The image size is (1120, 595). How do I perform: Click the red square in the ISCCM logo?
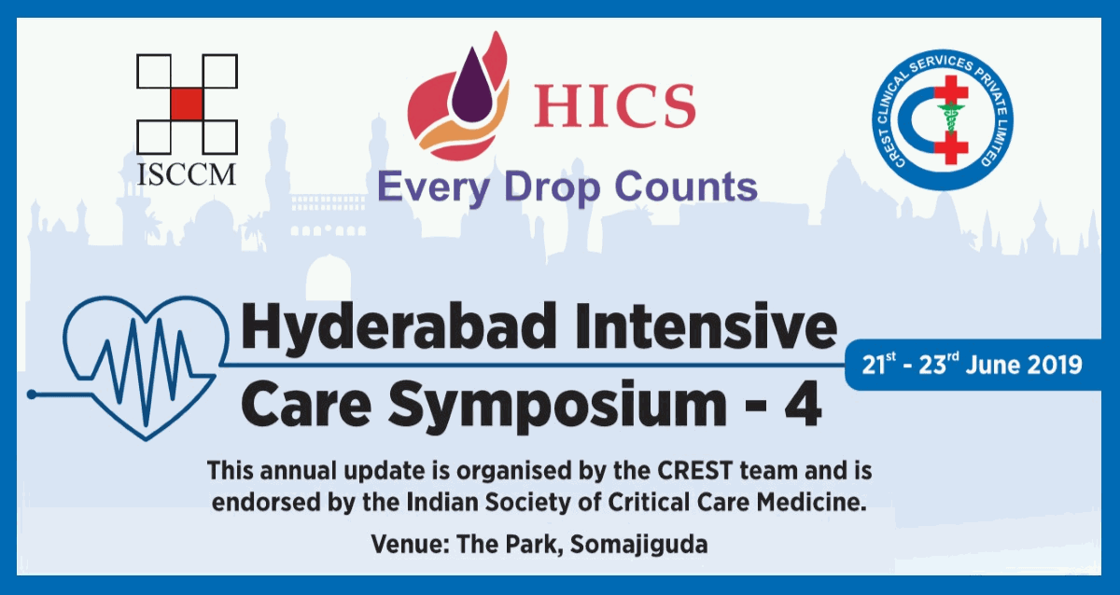187,104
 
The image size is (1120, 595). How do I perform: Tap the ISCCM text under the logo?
187,174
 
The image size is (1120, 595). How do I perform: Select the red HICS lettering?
614,106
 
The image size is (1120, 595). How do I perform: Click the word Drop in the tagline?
552,187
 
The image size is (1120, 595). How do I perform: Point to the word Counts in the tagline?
685,187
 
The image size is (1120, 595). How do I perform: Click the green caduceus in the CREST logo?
950,118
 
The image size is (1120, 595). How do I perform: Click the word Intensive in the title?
706,326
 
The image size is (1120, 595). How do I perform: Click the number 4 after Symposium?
803,403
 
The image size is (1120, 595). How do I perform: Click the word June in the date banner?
992,365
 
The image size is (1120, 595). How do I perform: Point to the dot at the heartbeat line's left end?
32,394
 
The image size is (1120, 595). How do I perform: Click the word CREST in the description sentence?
694,471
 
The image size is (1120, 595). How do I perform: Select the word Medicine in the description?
811,502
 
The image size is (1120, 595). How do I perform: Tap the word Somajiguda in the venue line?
639,545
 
